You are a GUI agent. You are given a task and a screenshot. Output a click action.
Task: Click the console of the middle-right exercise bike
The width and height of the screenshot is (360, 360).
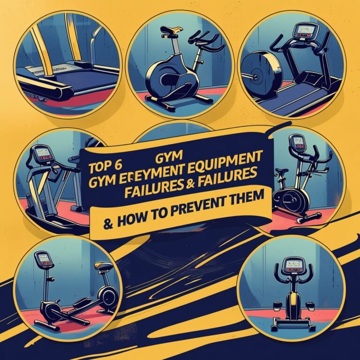pos(297,141)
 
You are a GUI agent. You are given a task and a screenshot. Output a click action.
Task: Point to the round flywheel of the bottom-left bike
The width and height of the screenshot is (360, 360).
pos(109,296)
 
